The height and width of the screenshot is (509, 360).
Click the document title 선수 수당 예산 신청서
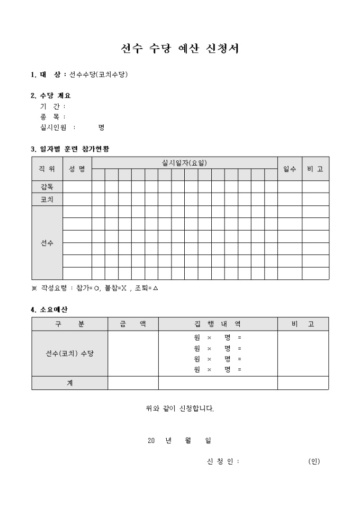[x=180, y=49]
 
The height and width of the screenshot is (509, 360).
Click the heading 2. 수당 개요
[x=51, y=96]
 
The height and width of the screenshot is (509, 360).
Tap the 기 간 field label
[x=49, y=106]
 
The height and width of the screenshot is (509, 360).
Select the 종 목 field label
[x=49, y=117]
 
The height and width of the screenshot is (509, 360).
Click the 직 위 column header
[x=47, y=169]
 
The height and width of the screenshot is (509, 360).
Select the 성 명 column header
[x=77, y=169]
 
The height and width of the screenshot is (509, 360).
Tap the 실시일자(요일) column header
[x=184, y=162]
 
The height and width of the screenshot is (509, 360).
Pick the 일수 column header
[x=290, y=169]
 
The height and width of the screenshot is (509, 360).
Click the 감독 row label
[x=47, y=187]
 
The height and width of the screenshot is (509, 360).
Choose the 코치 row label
[x=47, y=199]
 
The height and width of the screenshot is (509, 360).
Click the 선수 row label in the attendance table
[x=47, y=243]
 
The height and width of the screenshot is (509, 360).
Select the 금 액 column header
[x=133, y=324]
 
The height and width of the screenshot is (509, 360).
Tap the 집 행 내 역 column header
[x=218, y=324]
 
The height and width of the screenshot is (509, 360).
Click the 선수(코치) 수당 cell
[x=69, y=353]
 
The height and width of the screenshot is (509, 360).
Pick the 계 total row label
[x=69, y=383]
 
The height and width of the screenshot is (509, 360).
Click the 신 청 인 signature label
[x=223, y=461]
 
